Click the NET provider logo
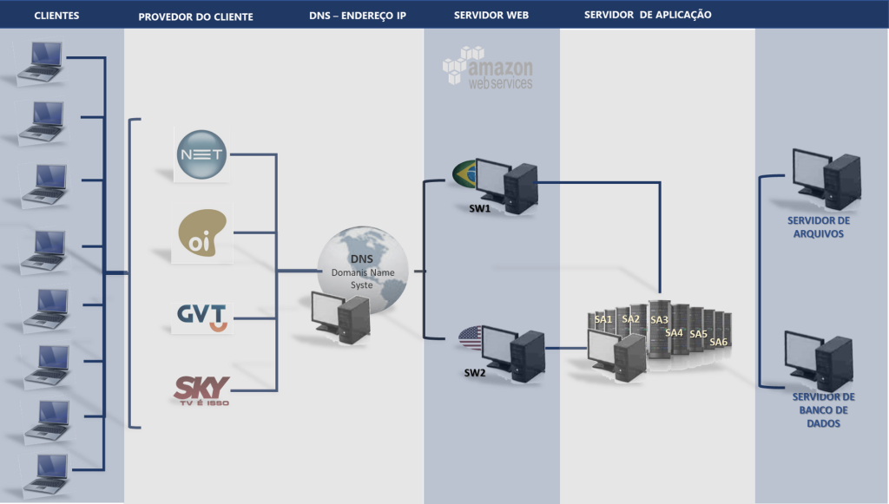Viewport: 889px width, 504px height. tap(201, 155)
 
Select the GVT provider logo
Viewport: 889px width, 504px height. tap(201, 317)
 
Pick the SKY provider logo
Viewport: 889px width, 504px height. tap(201, 389)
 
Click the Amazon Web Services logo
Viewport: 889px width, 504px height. tap(488, 68)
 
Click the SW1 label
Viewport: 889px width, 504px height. tap(479, 209)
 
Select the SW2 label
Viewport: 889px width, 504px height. tap(474, 373)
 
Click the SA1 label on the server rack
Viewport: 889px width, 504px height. tap(603, 319)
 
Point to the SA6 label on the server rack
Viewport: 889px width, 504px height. tap(718, 342)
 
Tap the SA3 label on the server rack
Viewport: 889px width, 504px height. tap(659, 319)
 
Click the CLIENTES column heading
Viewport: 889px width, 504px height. tap(56, 16)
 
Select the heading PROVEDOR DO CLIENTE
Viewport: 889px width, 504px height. tap(195, 16)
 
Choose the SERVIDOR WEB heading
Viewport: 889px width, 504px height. tap(491, 16)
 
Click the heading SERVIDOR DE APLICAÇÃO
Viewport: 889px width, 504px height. tap(648, 15)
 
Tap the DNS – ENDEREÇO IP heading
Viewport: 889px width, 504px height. tap(357, 16)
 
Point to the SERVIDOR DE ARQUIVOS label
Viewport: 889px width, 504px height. tap(819, 226)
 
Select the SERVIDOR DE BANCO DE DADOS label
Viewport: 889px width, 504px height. tap(824, 409)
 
